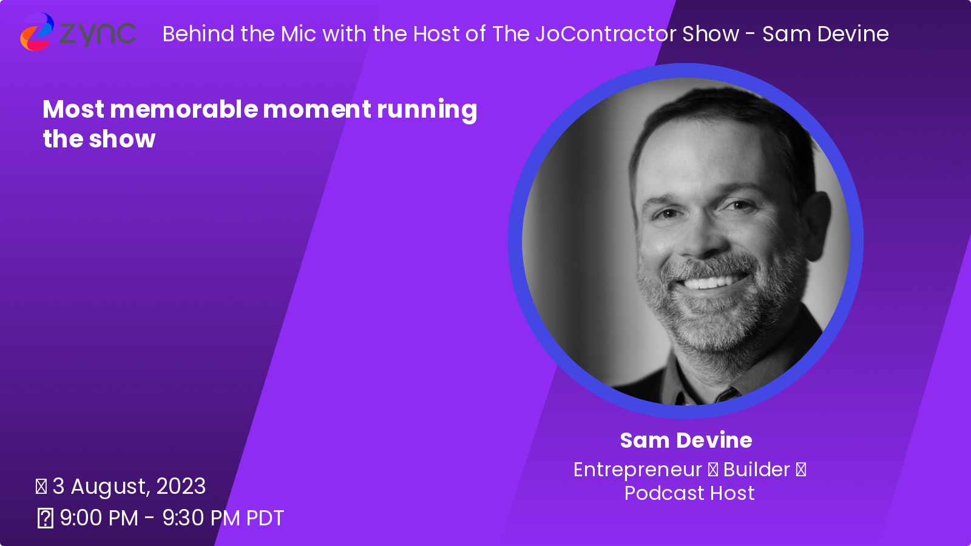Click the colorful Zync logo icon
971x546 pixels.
coord(37,32)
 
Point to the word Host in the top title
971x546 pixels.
coord(436,34)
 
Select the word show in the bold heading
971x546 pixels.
coord(122,139)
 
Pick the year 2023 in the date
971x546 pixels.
coord(181,486)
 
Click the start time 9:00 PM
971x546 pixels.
coord(100,518)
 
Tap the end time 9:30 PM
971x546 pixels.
coord(201,518)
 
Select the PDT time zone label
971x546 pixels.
coord(265,518)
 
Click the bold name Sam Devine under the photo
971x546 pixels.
coord(686,440)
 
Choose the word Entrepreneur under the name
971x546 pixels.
coord(637,470)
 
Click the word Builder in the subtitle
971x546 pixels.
coord(756,470)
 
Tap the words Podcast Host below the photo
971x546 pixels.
coord(689,493)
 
